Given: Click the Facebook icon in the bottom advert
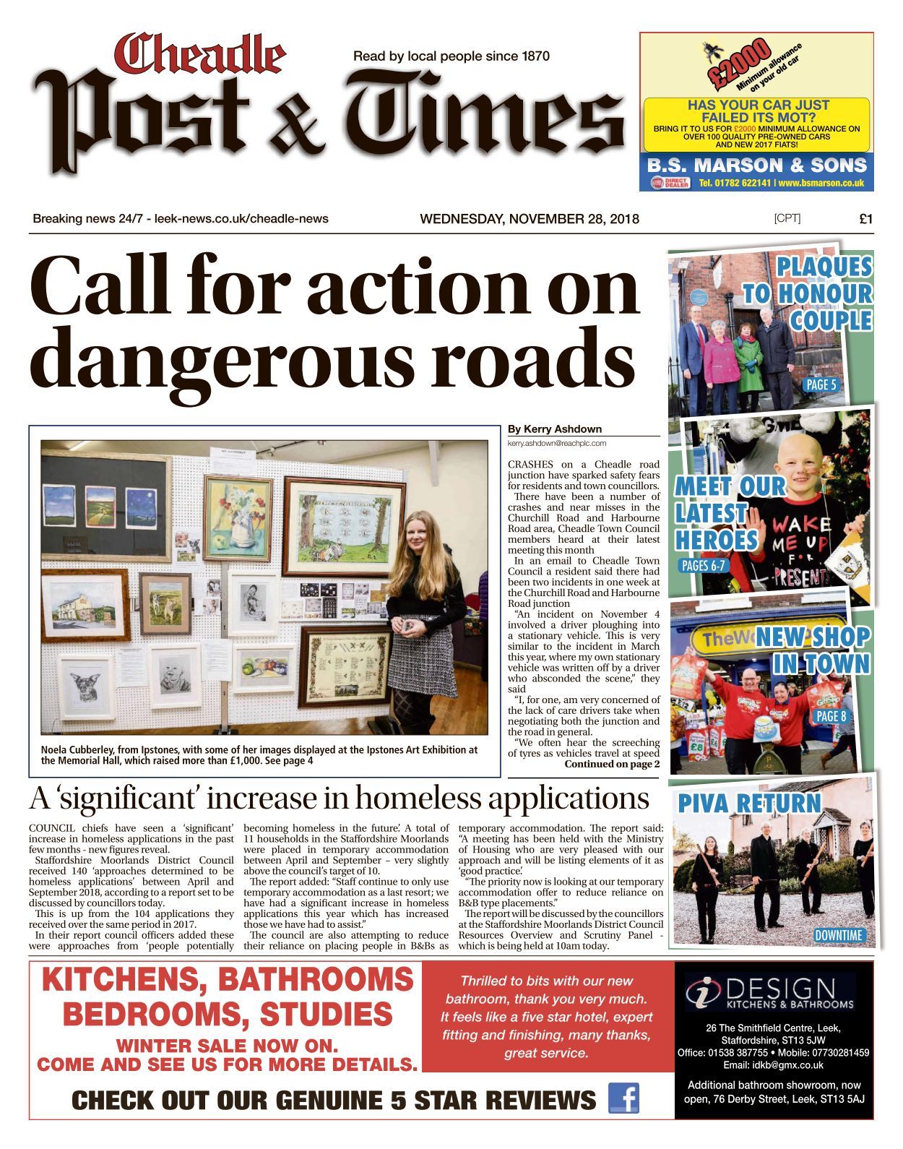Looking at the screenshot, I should click(x=623, y=1098).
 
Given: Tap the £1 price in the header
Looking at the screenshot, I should click(x=865, y=219).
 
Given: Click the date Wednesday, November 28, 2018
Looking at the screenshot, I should click(x=530, y=219).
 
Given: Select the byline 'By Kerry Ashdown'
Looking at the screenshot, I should click(x=555, y=429).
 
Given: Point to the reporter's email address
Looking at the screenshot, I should click(x=556, y=443).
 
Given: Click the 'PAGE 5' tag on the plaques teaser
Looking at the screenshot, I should click(x=821, y=384).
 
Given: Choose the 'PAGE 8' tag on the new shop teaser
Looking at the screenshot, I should click(x=831, y=716).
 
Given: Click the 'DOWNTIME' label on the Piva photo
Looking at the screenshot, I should click(x=838, y=935).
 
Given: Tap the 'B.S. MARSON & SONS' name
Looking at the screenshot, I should click(x=756, y=165).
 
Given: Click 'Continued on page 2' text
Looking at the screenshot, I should click(x=612, y=764).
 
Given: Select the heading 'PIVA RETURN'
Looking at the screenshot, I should click(x=749, y=803).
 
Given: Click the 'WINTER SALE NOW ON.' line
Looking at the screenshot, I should click(x=227, y=1045).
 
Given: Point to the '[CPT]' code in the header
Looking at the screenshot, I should click(x=787, y=218).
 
